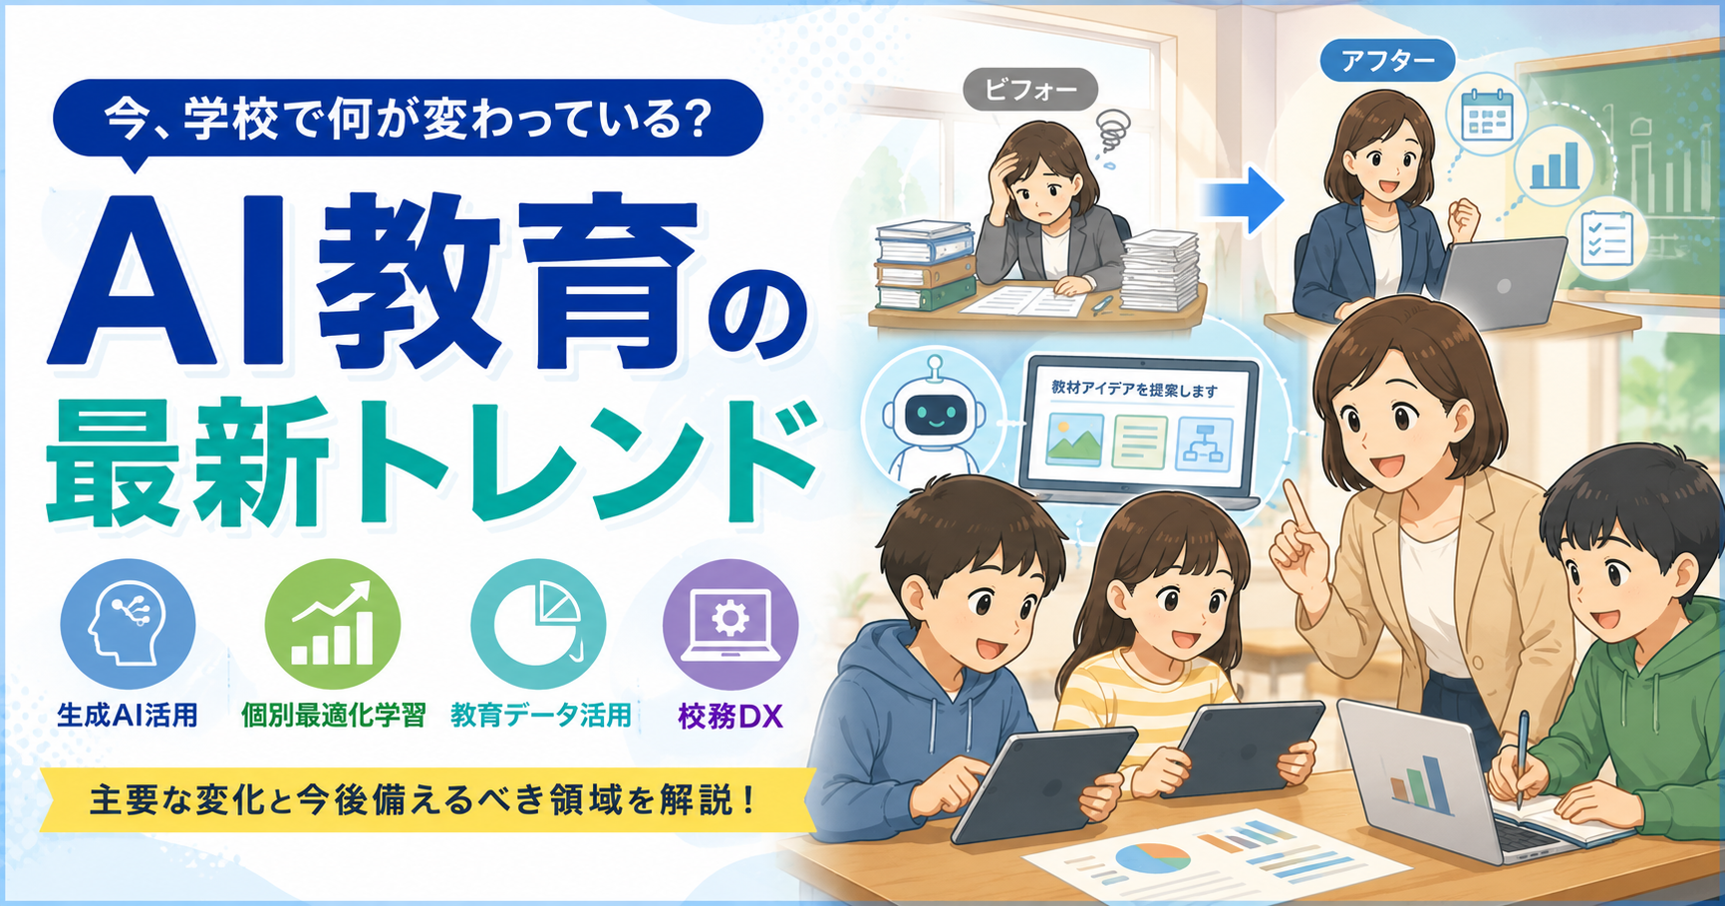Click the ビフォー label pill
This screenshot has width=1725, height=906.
pyautogui.click(x=1030, y=90)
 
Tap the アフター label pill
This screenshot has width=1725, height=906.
pyautogui.click(x=1387, y=62)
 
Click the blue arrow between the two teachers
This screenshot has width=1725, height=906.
pyautogui.click(x=1242, y=199)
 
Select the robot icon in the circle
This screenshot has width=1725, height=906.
pyautogui.click(x=933, y=420)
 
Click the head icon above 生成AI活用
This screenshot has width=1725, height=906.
pyautogui.click(x=128, y=626)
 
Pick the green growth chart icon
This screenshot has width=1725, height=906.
pyautogui.click(x=333, y=626)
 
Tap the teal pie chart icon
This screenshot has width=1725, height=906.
pyautogui.click(x=538, y=626)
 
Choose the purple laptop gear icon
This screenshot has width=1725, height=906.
pyautogui.click(x=730, y=626)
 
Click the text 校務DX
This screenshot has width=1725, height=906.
pyautogui.click(x=730, y=716)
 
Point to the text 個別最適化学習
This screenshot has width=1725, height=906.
pyautogui.click(x=334, y=716)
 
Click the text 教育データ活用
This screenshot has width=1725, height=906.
pyautogui.click(x=540, y=716)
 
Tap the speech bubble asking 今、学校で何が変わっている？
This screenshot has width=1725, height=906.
pyautogui.click(x=408, y=120)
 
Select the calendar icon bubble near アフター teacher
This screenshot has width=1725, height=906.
pyautogui.click(x=1486, y=116)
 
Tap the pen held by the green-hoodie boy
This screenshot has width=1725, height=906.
pyautogui.click(x=1522, y=758)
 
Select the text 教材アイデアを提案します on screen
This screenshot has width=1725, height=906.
pyautogui.click(x=1134, y=390)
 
